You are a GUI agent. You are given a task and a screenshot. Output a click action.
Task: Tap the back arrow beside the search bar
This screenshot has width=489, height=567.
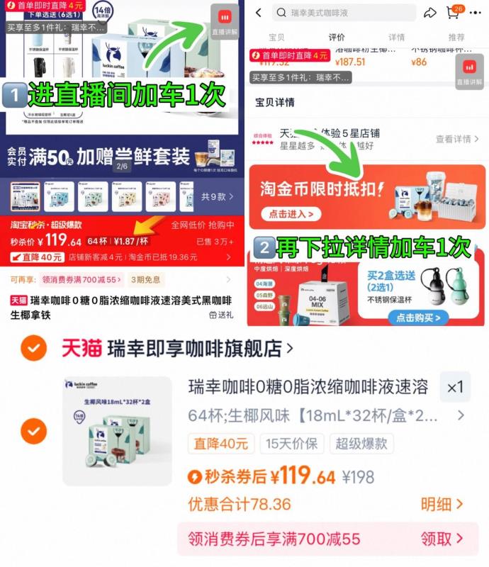pos(259,13)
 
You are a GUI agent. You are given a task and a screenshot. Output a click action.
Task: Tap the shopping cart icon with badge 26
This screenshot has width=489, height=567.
pos(453,13)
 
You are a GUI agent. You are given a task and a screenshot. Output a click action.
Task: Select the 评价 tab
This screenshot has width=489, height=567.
pos(337,37)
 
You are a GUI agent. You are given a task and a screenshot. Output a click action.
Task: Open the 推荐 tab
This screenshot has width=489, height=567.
pos(456,37)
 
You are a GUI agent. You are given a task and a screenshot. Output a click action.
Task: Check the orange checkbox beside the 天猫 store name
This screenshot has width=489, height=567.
pos(33,348)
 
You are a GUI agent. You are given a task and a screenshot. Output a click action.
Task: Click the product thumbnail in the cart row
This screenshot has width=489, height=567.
pos(117,430)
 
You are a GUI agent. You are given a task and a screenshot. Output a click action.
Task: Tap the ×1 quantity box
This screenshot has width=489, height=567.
pos(454,388)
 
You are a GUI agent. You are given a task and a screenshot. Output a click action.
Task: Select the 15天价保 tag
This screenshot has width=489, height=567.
pos(291,444)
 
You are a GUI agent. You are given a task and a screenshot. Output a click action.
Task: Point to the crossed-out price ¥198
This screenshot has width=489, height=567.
pos(359,477)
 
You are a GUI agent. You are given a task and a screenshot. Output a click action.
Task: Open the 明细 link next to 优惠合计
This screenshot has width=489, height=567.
pos(442,504)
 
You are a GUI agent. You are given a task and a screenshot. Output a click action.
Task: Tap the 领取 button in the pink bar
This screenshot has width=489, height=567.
pos(442,539)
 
